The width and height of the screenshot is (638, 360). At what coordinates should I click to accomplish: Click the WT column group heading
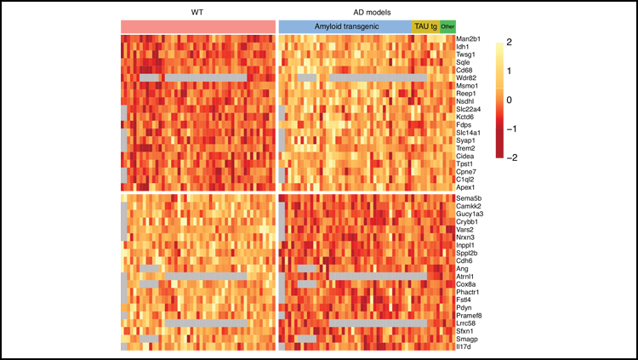pyautogui.click(x=197, y=12)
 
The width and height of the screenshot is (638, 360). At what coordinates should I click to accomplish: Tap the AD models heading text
pyautogui.click(x=367, y=12)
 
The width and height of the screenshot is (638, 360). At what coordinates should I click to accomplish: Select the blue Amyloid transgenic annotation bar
pyautogui.click(x=345, y=27)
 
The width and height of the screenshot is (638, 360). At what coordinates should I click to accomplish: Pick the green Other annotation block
pyautogui.click(x=447, y=27)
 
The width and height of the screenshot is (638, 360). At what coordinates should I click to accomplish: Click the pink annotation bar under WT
pyautogui.click(x=197, y=27)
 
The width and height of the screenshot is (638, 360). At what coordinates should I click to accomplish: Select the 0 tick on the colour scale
pyautogui.click(x=508, y=100)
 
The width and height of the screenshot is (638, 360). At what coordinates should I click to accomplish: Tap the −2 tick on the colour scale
pyautogui.click(x=510, y=157)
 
